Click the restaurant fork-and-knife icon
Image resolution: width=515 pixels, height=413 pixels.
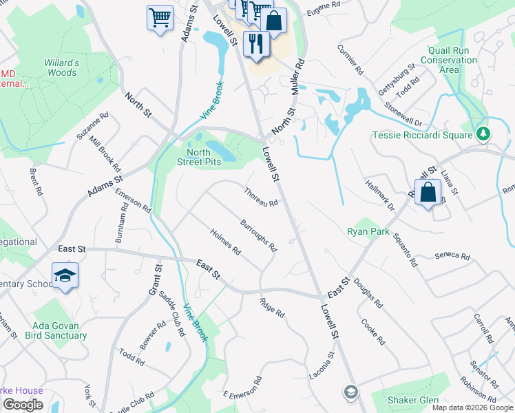click(256, 44)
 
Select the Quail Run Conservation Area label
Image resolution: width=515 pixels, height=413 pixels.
click(452, 60)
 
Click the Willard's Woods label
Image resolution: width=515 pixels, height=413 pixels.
click(61, 67)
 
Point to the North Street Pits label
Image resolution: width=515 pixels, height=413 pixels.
click(207, 157)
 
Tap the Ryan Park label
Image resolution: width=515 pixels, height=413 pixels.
click(368, 232)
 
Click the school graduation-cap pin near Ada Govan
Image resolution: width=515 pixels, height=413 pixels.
click(65, 275)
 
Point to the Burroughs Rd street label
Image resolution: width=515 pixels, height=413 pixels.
click(258, 235)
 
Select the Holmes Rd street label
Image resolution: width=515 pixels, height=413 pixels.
click(225, 241)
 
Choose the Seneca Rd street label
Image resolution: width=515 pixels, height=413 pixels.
click(452, 257)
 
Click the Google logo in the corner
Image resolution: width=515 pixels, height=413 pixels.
click(23, 405)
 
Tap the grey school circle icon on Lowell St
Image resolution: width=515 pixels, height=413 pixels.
click(351, 392)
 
